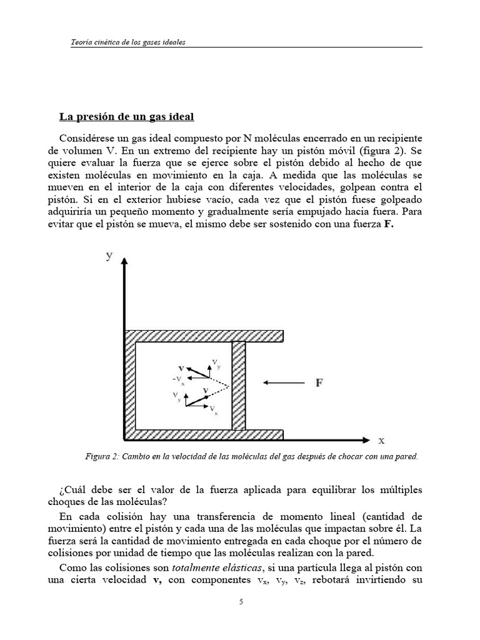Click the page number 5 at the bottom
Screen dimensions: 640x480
click(240, 602)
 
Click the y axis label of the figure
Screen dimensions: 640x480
click(109, 256)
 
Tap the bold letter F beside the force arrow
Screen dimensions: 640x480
click(319, 383)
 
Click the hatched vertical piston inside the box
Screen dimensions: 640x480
click(239, 385)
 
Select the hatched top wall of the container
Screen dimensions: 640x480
click(205, 336)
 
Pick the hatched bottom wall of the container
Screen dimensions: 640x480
click(205, 434)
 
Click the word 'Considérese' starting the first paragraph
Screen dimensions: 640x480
click(86, 137)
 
